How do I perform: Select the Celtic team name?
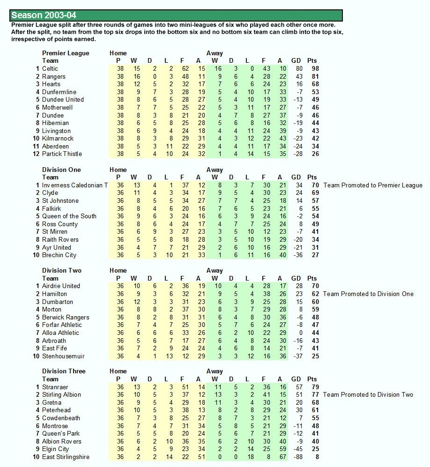click(x=50, y=69)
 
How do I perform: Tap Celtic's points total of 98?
click(x=315, y=69)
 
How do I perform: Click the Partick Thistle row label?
click(x=62, y=154)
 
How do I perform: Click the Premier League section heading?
click(x=66, y=53)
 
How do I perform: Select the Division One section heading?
click(x=61, y=170)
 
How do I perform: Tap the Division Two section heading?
click(x=61, y=270)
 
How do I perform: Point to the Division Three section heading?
click(x=64, y=371)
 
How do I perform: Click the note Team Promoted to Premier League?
click(x=373, y=185)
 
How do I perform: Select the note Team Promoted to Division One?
click(x=369, y=294)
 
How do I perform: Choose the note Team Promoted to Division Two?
click(x=368, y=394)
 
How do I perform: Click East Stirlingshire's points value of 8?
click(x=317, y=457)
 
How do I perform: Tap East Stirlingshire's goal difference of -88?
click(x=295, y=457)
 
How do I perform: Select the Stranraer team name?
click(x=55, y=387)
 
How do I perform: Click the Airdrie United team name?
click(x=61, y=286)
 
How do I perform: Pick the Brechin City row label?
click(x=59, y=255)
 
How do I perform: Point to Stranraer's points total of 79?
click(x=315, y=387)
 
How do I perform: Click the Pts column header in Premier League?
click(x=312, y=61)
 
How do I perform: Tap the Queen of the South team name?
click(x=69, y=216)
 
